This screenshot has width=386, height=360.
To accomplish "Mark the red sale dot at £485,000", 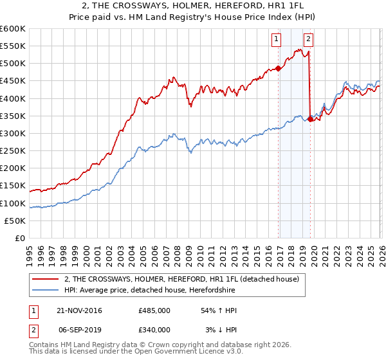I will [278, 68].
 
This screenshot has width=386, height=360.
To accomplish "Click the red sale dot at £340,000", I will [310, 118].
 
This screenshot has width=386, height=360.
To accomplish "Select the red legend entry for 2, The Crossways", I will [181, 280].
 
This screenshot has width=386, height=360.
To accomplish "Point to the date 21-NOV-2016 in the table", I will [79, 310].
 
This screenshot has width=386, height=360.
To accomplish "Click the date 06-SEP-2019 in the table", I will [78, 329].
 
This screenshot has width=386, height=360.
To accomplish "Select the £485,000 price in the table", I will [154, 310].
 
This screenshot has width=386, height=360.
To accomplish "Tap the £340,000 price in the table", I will [154, 329].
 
